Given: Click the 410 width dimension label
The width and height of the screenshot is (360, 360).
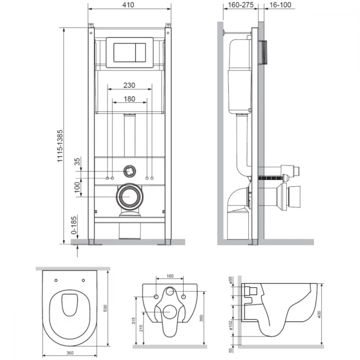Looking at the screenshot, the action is (128, 5).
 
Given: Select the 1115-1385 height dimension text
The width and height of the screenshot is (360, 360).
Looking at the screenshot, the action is (60, 146).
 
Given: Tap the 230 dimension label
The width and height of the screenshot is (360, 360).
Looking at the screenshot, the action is (129, 85).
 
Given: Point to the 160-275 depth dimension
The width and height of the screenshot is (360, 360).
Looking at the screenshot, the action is (240, 5).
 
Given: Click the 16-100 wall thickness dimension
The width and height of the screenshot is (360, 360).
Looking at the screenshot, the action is (280, 5).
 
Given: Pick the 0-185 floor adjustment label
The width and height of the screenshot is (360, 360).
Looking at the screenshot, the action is (74, 225).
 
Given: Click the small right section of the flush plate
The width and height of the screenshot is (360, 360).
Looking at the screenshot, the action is (140, 52).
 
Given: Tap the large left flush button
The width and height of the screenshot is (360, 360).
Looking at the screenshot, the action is (125, 52).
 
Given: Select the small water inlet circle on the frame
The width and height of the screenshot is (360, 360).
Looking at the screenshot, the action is (130, 171).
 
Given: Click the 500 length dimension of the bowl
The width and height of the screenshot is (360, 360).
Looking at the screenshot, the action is (105, 308).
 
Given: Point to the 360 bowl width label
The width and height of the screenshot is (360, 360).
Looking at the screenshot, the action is (70, 353).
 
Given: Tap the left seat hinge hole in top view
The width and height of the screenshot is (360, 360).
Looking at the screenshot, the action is (56, 280).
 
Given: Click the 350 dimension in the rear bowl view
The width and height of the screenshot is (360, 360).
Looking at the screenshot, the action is (201, 318).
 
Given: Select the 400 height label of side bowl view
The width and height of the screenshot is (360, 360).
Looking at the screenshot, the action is (319, 314).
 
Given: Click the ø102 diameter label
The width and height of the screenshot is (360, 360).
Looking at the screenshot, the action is (231, 325).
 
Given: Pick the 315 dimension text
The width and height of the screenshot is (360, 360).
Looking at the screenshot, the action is (134, 320).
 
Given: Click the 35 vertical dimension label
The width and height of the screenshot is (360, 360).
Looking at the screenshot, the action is (77, 161).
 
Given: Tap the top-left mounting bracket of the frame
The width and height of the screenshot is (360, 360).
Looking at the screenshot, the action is (91, 25).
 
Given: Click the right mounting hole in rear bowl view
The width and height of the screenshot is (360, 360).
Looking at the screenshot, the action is (184, 297).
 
